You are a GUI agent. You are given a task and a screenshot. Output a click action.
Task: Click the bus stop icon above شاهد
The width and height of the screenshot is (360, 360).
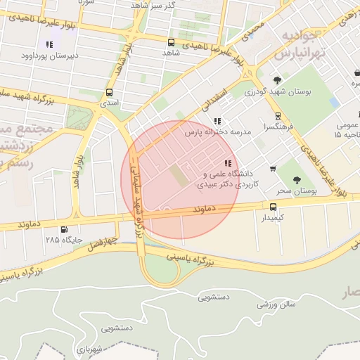[171, 42]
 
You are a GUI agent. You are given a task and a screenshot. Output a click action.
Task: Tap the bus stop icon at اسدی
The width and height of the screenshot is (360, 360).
[109, 93]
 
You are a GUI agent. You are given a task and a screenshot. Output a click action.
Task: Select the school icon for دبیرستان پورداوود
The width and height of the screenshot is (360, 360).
[49, 44]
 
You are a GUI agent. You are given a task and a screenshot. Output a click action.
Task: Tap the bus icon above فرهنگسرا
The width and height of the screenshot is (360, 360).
[278, 116]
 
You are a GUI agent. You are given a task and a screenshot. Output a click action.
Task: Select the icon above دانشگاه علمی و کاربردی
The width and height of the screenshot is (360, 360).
[226, 163]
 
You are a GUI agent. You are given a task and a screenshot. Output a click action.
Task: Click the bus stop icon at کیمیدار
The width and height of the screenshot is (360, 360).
[273, 207]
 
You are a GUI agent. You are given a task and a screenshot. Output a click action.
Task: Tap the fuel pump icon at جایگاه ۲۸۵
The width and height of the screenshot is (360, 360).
[65, 229]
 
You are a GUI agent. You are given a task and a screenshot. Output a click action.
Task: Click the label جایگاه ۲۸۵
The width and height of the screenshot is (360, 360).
[64, 240]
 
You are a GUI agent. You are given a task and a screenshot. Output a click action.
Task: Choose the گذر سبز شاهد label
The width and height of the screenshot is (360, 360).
[153, 5]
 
